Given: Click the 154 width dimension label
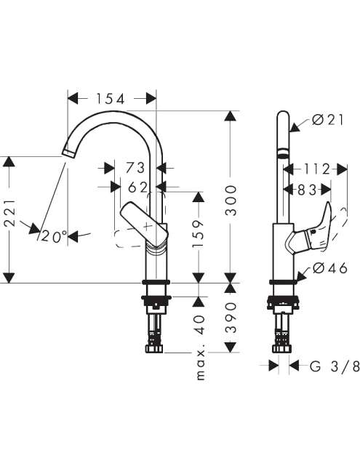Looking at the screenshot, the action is [110, 99].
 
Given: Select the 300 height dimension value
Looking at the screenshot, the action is [231, 201].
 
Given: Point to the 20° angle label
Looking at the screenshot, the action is [54, 236].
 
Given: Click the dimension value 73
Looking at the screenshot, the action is [135, 168].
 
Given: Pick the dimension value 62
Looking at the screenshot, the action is [138, 188].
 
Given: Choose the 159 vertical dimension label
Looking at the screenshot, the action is [198, 234].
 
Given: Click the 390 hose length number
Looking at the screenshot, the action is [231, 318].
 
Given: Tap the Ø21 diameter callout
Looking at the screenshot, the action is [328, 120].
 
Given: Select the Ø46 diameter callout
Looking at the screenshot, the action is [330, 268].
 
